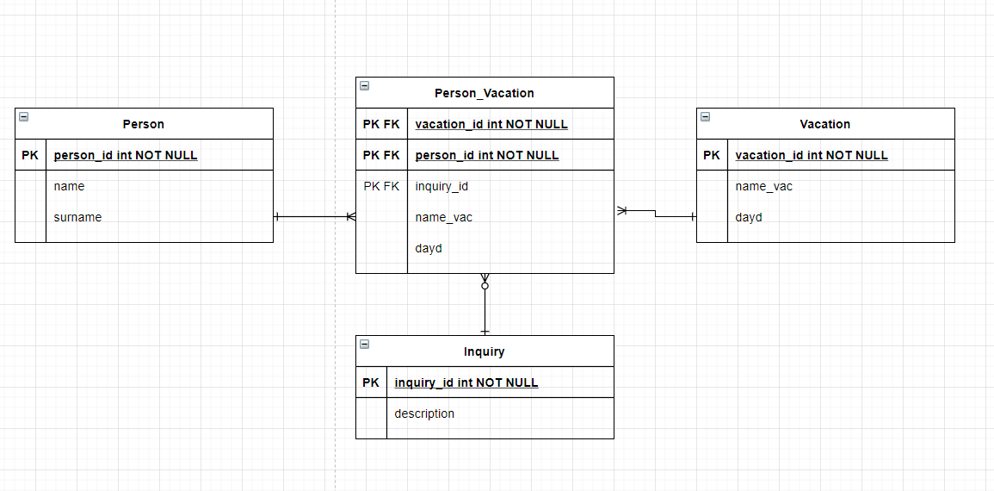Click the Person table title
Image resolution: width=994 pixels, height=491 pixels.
tap(143, 124)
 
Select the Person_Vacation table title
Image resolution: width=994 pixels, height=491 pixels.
tap(485, 93)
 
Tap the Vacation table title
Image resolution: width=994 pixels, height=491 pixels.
tap(824, 124)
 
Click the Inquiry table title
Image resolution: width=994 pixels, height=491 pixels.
tap(485, 351)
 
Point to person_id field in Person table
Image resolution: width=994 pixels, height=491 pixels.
tap(126, 155)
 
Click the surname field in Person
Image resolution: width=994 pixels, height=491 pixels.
tap(77, 217)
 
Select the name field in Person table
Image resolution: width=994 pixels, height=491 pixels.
tap(69, 187)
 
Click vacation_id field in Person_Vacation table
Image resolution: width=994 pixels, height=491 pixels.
tap(491, 124)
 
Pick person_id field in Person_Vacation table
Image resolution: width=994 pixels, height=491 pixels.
tap(487, 155)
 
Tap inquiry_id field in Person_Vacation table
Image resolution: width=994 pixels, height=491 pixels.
tap(441, 187)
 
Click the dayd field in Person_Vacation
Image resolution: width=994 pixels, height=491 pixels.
tap(429, 248)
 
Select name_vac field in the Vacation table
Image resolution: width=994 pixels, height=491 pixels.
tap(764, 187)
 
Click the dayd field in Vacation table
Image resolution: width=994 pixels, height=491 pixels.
tap(749, 217)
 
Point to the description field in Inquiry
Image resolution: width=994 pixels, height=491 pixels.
tap(424, 413)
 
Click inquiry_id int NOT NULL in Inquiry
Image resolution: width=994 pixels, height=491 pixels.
tap(466, 382)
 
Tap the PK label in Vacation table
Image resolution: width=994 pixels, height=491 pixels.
tap(711, 155)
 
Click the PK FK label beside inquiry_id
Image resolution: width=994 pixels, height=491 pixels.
tap(381, 187)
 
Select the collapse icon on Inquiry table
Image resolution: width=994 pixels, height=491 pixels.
tap(365, 344)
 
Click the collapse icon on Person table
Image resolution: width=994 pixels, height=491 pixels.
tap(23, 116)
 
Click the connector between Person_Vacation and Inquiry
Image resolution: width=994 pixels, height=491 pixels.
tap(485, 304)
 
